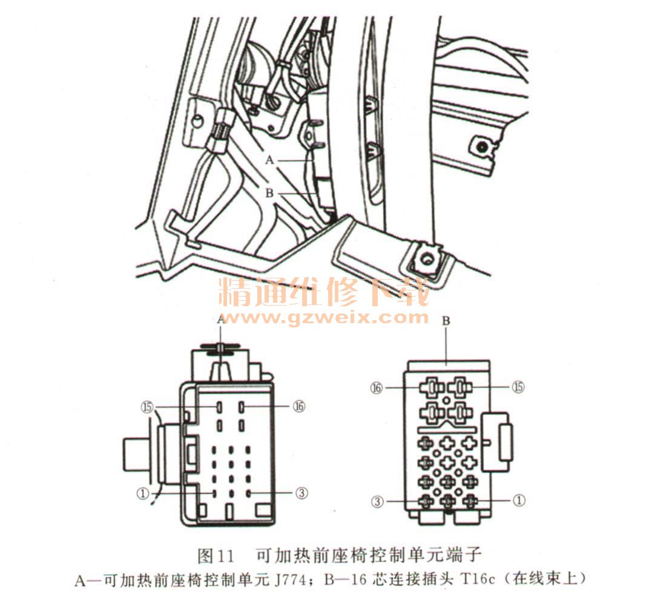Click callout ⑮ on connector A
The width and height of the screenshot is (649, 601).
(x=147, y=407)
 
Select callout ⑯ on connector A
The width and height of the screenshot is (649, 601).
(x=299, y=407)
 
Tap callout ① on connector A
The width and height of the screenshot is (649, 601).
(x=143, y=493)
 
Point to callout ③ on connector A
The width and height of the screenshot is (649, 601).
(x=301, y=493)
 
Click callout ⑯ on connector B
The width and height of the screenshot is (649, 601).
(x=376, y=388)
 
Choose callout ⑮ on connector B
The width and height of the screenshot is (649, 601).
(x=518, y=387)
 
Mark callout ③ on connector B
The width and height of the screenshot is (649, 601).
(x=377, y=502)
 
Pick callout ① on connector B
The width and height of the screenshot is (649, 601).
(x=519, y=501)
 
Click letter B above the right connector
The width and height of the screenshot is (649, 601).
(x=446, y=321)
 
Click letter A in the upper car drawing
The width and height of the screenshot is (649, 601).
(x=269, y=160)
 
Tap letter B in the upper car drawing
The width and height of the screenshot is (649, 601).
(x=269, y=193)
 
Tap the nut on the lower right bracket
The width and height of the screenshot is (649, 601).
(x=426, y=259)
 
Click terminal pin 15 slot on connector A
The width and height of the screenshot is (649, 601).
(x=219, y=407)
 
